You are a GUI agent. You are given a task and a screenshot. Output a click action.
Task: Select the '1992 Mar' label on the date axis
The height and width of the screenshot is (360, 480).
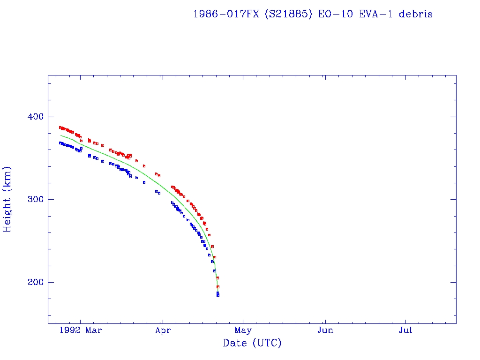(x=83, y=330)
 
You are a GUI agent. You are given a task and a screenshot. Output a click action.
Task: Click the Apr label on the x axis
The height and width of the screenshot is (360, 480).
(x=162, y=330)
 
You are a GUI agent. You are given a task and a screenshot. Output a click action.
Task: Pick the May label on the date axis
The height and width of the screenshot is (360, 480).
(x=243, y=330)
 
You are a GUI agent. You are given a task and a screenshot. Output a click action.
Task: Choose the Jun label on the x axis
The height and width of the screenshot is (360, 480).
(x=325, y=330)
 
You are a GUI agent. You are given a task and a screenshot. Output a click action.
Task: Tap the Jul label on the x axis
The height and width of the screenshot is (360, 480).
(x=405, y=330)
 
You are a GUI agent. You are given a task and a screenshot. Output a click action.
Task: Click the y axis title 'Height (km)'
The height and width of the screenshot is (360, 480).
(x=7, y=199)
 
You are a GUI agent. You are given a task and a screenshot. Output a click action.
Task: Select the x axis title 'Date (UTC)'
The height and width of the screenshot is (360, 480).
(x=252, y=344)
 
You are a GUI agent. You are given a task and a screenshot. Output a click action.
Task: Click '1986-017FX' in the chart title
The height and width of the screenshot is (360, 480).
(x=225, y=14)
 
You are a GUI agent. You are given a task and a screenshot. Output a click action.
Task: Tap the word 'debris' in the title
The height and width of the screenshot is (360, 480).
(x=416, y=14)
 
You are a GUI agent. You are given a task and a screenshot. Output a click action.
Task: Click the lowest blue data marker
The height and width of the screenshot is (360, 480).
(x=218, y=295)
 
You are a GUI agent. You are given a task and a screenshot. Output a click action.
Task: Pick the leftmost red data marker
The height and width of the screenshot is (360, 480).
(x=60, y=127)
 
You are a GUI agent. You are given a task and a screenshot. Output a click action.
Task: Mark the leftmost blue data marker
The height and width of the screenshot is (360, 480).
(x=60, y=143)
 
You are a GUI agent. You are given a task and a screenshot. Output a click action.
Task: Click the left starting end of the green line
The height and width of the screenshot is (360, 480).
(x=61, y=135)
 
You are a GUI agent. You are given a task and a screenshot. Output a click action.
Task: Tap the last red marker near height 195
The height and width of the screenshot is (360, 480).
(x=218, y=286)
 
